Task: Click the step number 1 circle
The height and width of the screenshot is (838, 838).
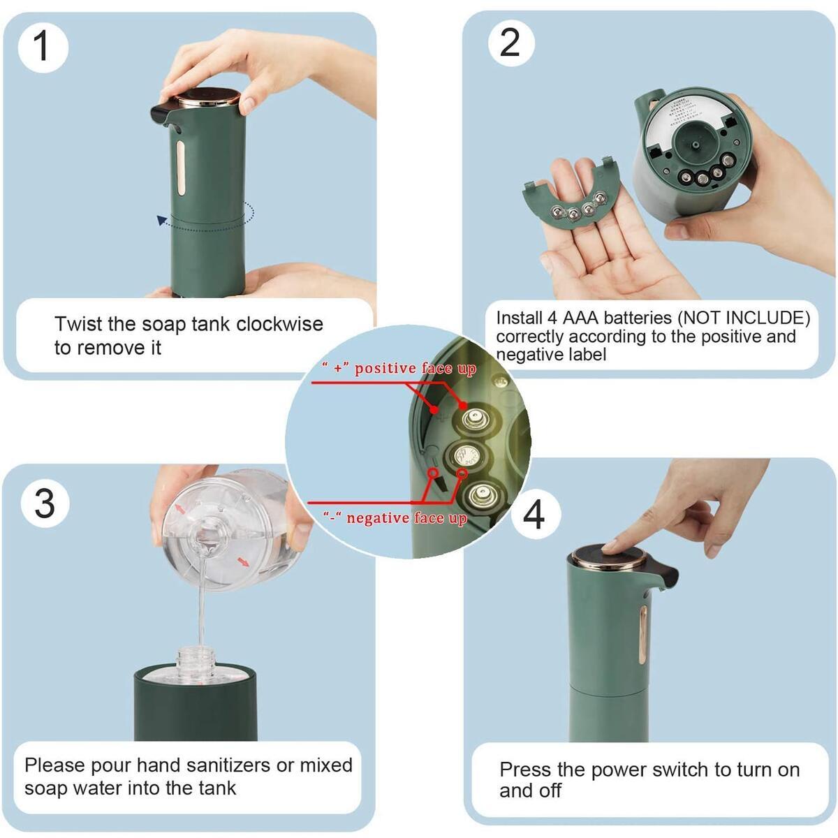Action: pyautogui.click(x=43, y=47)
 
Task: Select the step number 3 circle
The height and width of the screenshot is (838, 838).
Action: pyautogui.click(x=44, y=502)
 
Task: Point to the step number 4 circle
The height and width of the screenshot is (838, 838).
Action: pyautogui.click(x=534, y=515)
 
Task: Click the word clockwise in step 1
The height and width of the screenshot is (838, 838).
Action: pyautogui.click(x=279, y=324)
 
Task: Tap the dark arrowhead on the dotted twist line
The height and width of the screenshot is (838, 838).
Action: pyautogui.click(x=162, y=221)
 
